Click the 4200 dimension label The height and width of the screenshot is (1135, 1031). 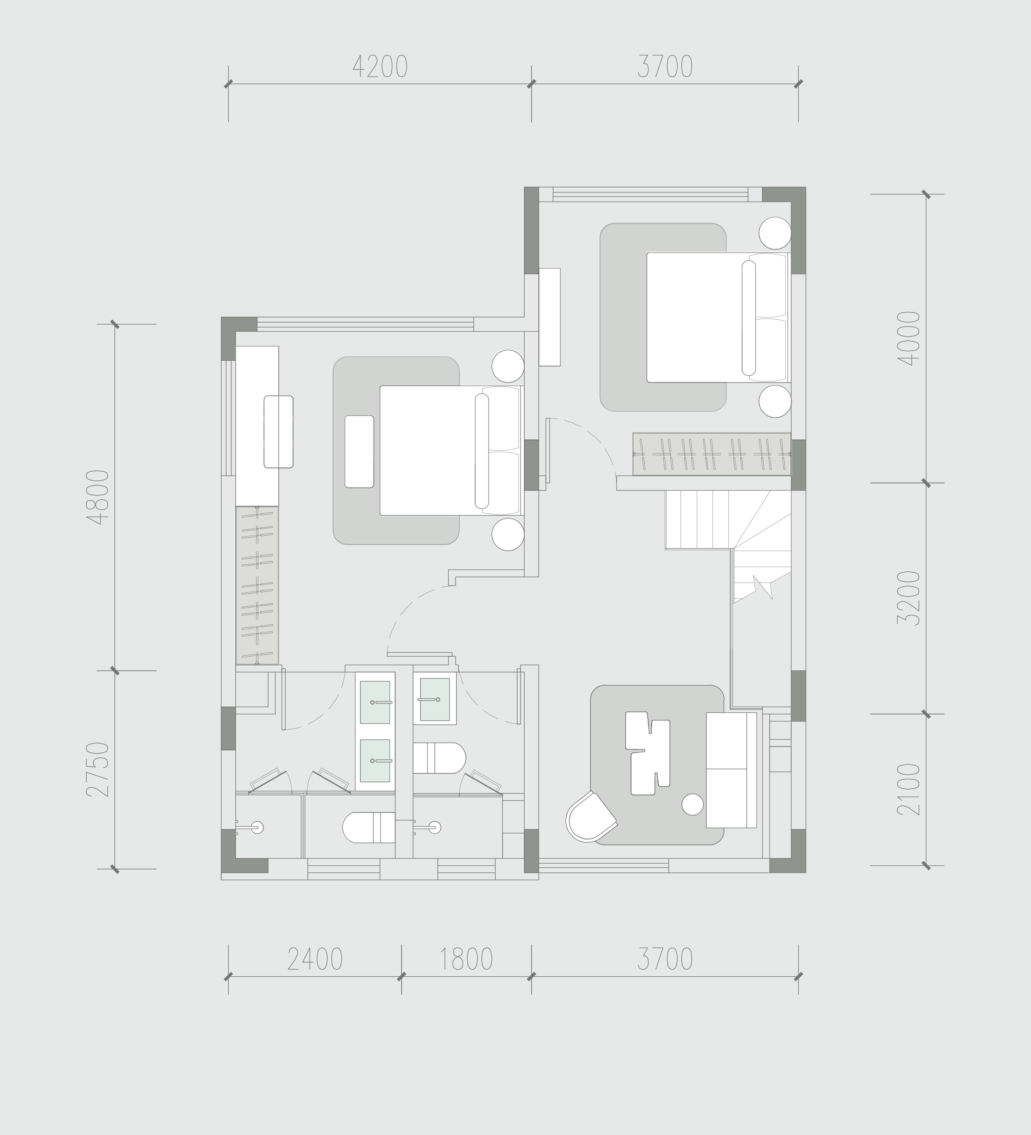[380, 67]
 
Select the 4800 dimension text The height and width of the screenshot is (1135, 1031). [98, 497]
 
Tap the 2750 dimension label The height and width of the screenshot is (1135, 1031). [98, 769]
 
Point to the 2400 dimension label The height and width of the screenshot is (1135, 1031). [315, 959]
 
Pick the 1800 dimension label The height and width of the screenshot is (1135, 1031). [466, 959]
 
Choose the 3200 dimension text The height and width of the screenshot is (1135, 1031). [909, 598]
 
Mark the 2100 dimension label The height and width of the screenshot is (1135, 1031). [909, 789]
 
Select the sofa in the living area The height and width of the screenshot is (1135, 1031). [731, 770]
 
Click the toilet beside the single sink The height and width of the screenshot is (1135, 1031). [439, 758]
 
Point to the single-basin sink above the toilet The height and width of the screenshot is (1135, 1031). [435, 699]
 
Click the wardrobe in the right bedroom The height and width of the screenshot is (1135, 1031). [712, 454]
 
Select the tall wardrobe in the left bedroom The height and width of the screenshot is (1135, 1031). [257, 585]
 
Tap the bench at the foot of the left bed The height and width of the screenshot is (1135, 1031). [359, 451]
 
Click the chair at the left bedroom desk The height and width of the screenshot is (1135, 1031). [279, 432]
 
